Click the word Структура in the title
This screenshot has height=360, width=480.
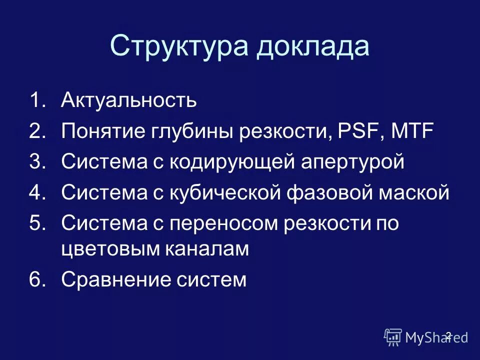[x=179, y=47]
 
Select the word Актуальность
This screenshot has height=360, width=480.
[x=129, y=101]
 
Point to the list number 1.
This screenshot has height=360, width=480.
[x=37, y=101]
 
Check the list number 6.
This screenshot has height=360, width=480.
[x=37, y=279]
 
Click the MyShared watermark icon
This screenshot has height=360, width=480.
[x=393, y=337]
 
